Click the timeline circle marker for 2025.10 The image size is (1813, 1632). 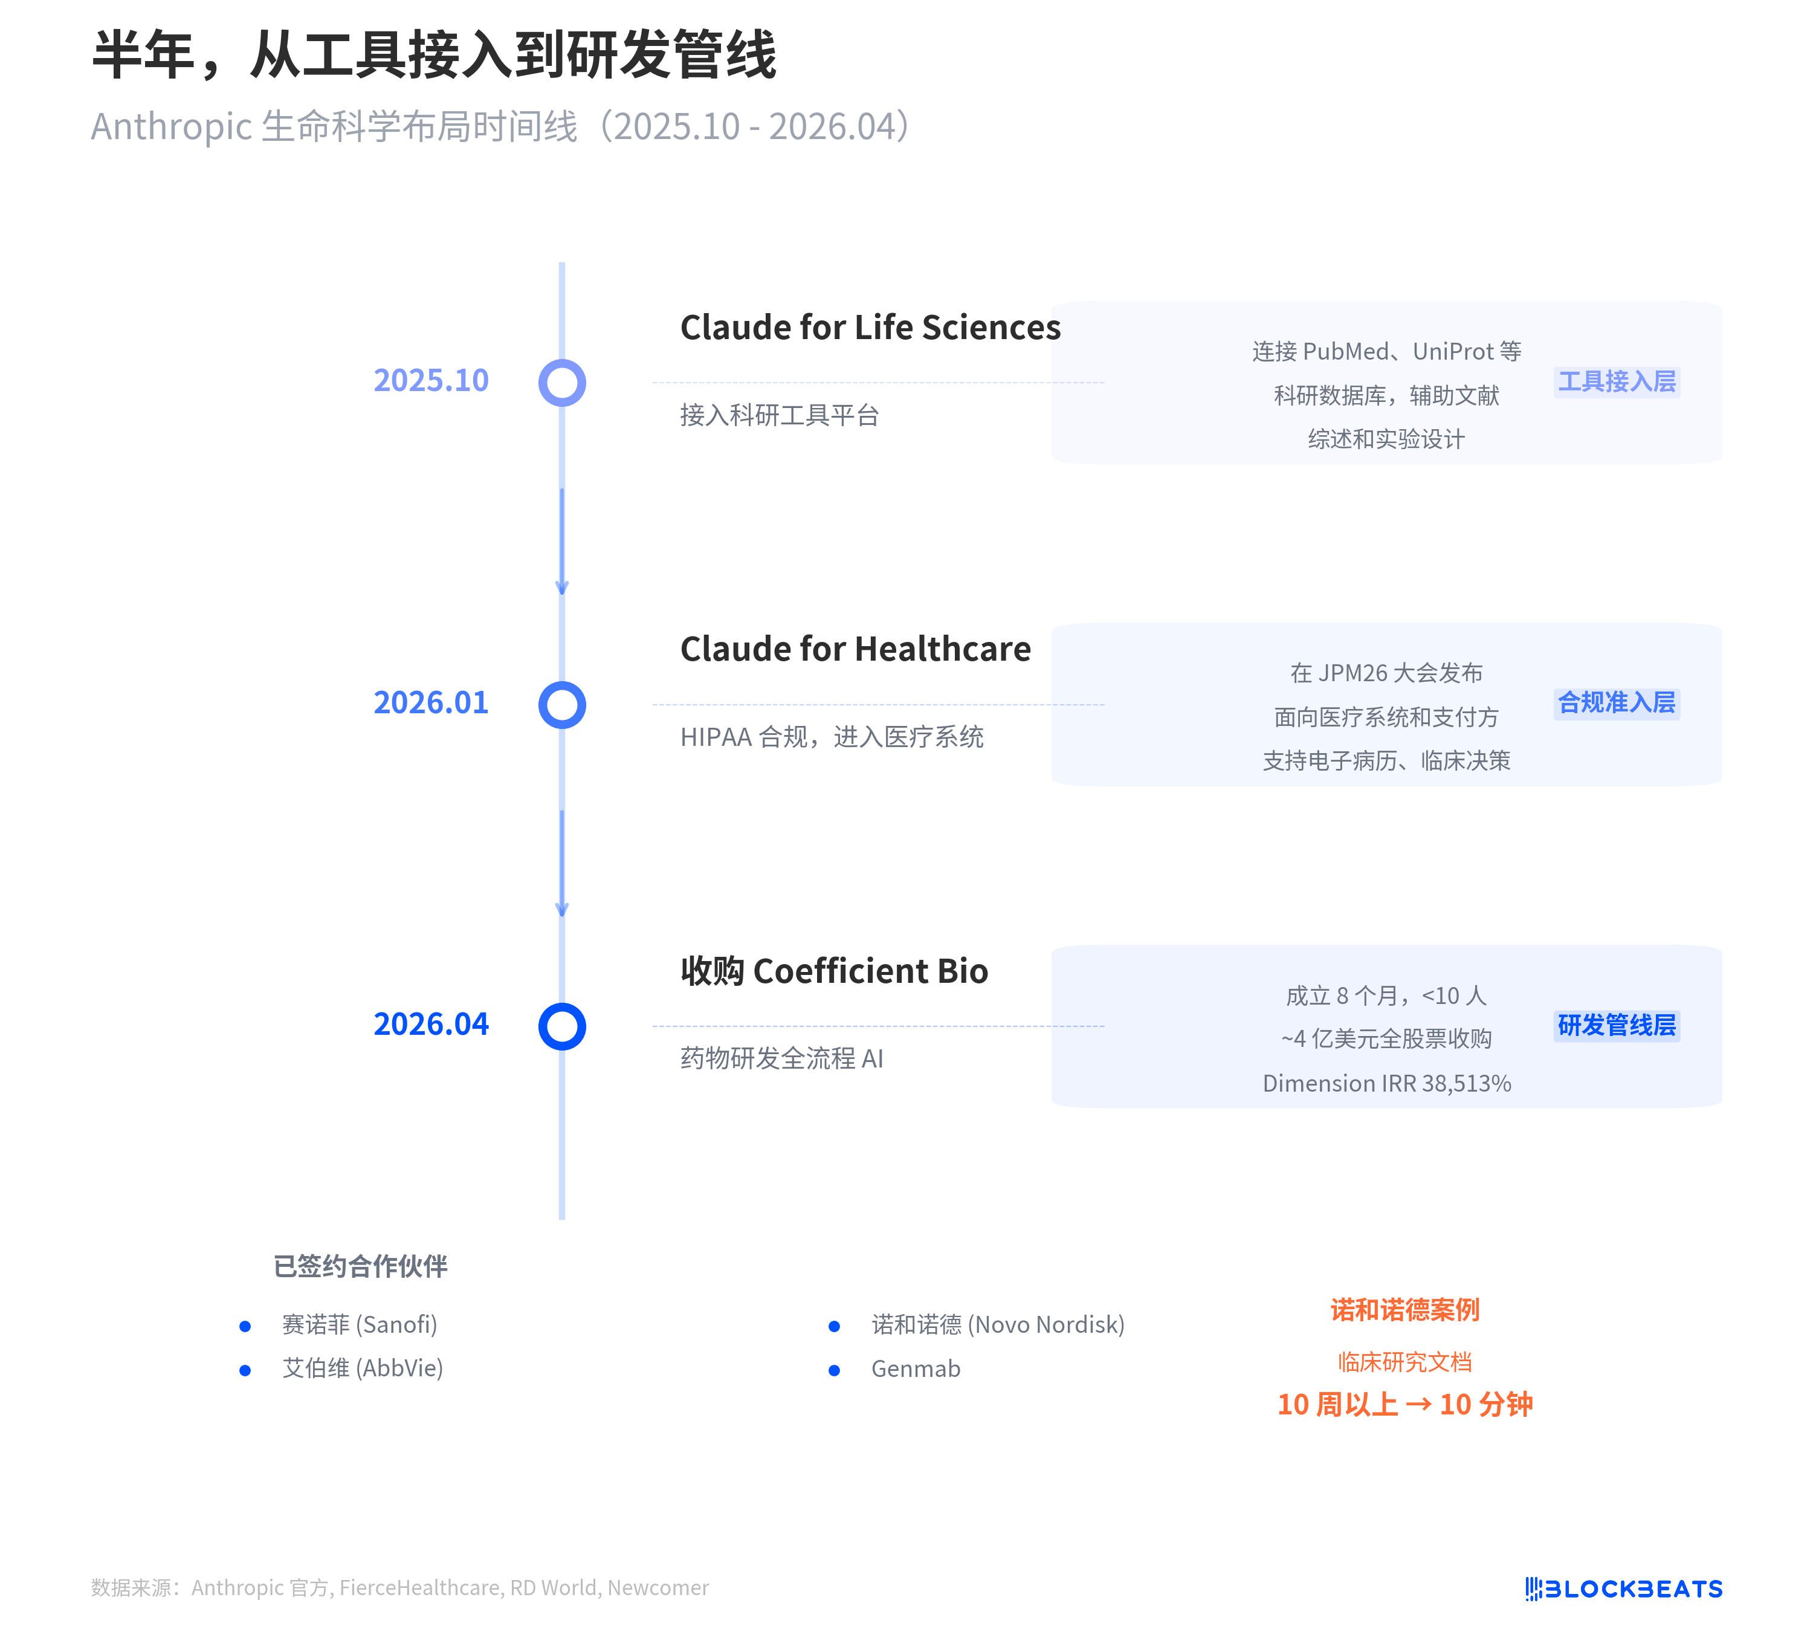click(562, 383)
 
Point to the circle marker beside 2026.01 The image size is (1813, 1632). click(562, 705)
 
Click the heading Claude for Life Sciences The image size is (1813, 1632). click(870, 327)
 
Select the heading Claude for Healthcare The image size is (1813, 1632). click(855, 649)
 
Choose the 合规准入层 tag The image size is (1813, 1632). click(1617, 703)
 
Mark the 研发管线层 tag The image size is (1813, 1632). click(1617, 1025)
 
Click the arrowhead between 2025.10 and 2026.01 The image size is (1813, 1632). click(562, 588)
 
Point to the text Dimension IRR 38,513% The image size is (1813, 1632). click(1386, 1083)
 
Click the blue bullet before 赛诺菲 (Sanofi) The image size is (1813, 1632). click(245, 1326)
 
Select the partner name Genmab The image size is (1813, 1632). click(916, 1369)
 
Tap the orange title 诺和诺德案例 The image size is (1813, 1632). click(1404, 1310)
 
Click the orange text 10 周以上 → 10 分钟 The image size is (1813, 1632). click(1404, 1404)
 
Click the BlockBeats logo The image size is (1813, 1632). click(1624, 1589)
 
